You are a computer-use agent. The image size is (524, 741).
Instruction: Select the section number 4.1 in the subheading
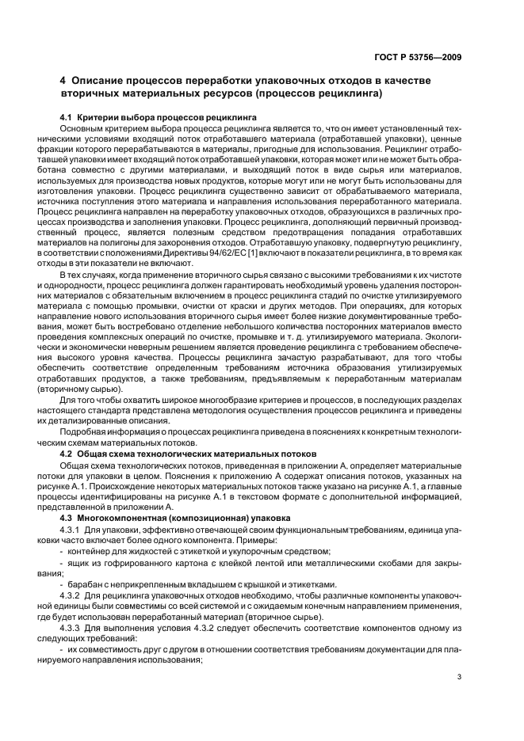point(67,117)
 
